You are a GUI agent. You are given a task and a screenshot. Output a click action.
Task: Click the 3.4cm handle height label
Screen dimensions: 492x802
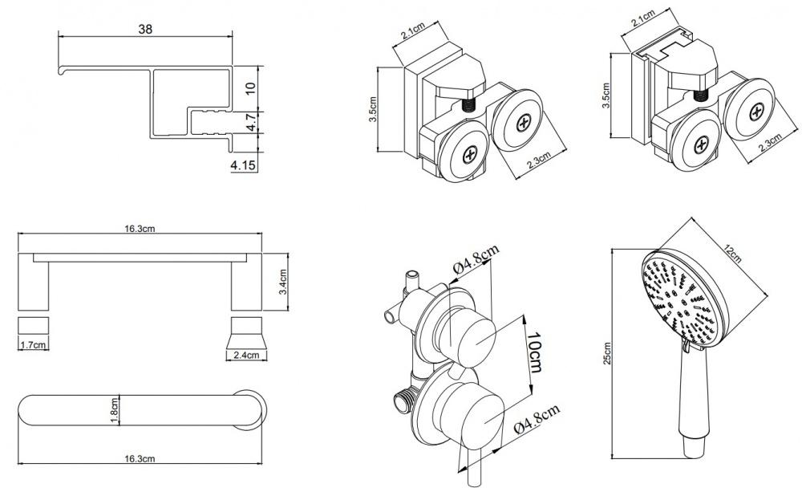click(x=282, y=282)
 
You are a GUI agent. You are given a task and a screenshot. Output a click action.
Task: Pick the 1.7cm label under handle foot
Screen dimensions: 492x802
click(x=32, y=345)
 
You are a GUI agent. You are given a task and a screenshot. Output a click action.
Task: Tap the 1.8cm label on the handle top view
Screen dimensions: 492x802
click(x=115, y=412)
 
